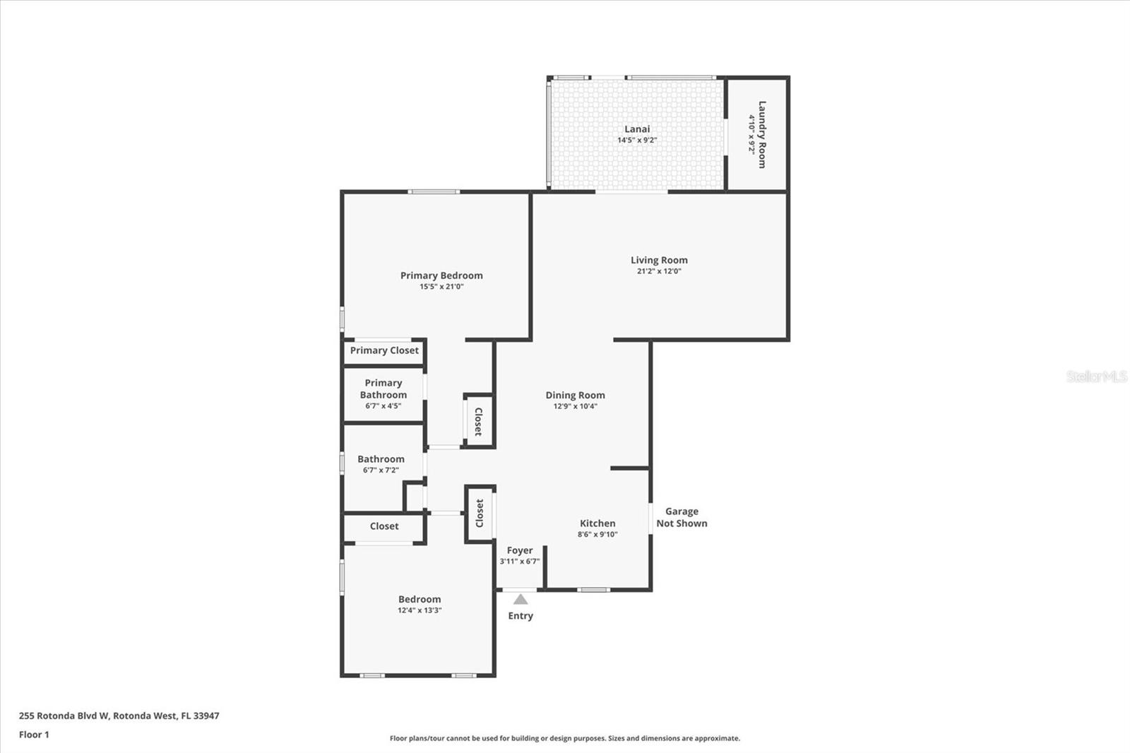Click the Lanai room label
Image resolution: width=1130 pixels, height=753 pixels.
tap(637, 129)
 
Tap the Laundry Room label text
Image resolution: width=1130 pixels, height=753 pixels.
tap(761, 134)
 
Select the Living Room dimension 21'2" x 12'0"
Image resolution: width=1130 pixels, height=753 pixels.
tap(658, 271)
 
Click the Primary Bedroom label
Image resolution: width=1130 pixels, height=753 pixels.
tap(441, 275)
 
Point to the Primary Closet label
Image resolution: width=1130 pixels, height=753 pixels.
tap(384, 350)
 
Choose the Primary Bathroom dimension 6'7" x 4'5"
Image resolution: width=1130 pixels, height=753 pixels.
tap(383, 406)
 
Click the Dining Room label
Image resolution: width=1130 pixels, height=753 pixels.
tap(575, 396)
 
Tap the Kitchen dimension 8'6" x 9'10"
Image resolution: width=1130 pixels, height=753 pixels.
tap(597, 535)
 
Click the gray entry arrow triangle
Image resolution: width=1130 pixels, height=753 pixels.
tap(521, 600)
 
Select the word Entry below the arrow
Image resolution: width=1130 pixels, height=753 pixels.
tap(521, 616)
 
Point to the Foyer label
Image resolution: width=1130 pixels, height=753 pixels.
tap(520, 550)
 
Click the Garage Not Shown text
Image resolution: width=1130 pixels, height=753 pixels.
tap(682, 517)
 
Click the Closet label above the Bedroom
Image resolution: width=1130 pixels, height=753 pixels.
tap(384, 526)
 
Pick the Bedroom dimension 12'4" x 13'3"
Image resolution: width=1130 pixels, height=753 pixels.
tap(420, 610)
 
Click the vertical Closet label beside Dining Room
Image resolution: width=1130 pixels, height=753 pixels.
tap(478, 421)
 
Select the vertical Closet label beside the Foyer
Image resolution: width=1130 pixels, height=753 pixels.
tap(480, 514)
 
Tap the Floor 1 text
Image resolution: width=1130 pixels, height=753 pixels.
tap(34, 735)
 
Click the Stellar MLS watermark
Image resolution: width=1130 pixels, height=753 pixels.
tap(1097, 376)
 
